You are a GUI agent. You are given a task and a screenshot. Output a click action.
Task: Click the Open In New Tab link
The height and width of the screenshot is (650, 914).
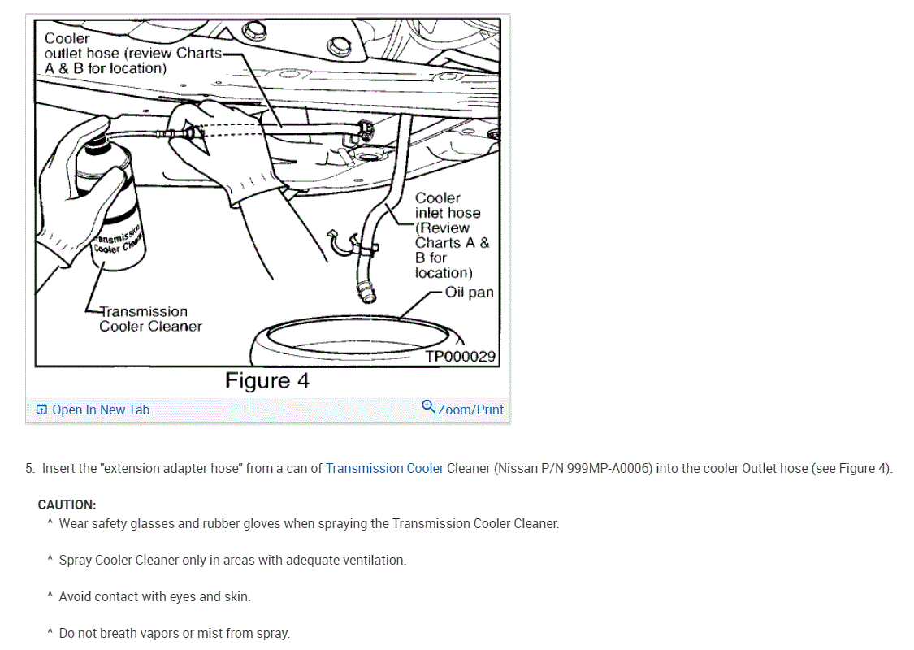click(x=100, y=409)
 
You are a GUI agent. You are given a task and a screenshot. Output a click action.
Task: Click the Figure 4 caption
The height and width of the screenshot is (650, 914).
click(x=266, y=381)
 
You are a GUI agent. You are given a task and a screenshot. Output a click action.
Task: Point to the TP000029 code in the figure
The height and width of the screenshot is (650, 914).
click(x=460, y=356)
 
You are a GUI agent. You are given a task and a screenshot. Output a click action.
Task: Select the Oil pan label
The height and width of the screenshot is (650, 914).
click(x=469, y=292)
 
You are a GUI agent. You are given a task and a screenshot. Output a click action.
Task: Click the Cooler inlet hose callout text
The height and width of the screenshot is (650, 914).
click(x=451, y=235)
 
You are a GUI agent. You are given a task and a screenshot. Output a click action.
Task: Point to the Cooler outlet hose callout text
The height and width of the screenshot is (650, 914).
click(x=130, y=53)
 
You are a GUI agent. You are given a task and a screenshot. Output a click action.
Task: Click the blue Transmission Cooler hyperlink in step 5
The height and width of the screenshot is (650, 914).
click(x=384, y=468)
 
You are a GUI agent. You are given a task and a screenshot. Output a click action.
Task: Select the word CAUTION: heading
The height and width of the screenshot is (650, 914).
click(x=67, y=505)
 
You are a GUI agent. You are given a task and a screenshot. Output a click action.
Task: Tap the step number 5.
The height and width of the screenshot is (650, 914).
click(x=29, y=468)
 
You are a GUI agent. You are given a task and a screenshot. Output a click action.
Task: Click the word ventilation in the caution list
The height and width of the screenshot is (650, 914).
click(x=375, y=560)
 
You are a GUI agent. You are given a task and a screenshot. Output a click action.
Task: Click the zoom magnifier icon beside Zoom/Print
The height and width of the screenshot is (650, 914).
click(x=428, y=407)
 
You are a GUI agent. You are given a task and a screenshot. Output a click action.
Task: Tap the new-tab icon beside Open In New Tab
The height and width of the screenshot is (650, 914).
click(x=42, y=409)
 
